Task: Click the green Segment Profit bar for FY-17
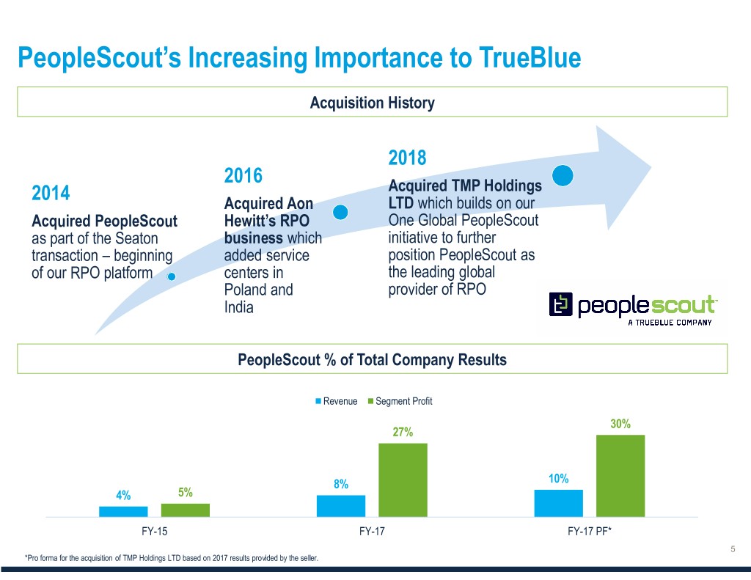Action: (403, 480)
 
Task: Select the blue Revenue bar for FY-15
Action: (123, 512)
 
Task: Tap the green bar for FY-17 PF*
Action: (620, 476)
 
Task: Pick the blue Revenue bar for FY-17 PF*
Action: (558, 503)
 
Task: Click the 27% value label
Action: (403, 432)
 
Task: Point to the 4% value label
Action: (123, 495)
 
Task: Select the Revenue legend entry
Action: (336, 401)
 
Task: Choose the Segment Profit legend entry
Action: (400, 401)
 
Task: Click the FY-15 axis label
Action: (154, 531)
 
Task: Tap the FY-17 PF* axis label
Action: (590, 531)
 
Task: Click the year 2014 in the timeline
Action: (51, 193)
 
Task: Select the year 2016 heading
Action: (243, 175)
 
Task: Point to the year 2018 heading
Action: (407, 158)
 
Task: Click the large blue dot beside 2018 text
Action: (563, 175)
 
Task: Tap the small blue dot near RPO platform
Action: (172, 276)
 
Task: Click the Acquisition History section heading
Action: (372, 103)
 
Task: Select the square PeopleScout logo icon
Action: (560, 304)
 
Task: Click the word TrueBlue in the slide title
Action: (530, 57)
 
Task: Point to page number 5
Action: (733, 549)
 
